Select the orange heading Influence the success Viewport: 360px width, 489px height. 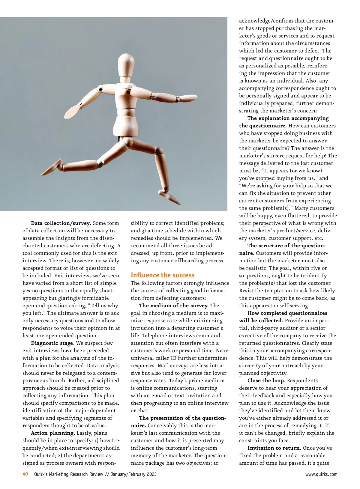click(x=163, y=275)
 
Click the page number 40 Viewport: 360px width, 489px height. click(x=25, y=474)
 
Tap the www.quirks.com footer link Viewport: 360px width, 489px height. click(x=321, y=474)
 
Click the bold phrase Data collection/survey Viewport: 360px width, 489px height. click(x=60, y=223)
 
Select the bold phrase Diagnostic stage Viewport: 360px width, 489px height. click(x=52, y=343)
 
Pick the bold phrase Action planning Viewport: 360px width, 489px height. click(x=52, y=433)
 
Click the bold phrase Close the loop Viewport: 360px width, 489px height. click(x=266, y=380)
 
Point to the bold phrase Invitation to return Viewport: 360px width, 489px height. click(x=273, y=448)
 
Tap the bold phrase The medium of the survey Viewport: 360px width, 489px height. click(x=174, y=306)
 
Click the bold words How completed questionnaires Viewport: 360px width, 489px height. click(x=287, y=313)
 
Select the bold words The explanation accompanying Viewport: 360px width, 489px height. click(x=288, y=118)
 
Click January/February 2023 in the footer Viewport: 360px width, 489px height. click(x=133, y=474)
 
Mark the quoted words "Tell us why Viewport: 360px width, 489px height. click(x=102, y=306)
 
